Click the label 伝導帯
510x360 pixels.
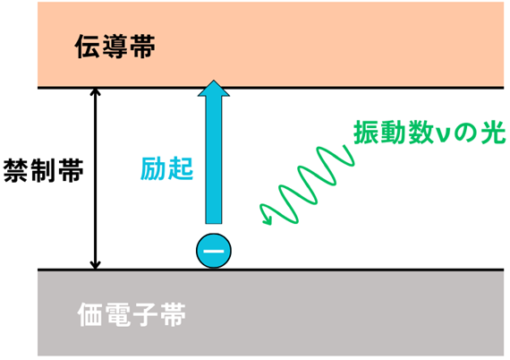[115, 47]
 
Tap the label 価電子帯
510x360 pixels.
[132, 314]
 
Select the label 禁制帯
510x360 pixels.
[43, 170]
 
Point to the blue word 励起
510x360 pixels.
[166, 168]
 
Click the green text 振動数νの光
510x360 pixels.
[429, 132]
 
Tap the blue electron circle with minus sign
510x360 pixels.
[214, 251]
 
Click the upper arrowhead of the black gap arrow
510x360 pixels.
[95, 91]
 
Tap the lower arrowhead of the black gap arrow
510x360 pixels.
[95, 266]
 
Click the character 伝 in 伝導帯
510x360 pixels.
[87, 47]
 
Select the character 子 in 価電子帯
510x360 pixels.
[145, 314]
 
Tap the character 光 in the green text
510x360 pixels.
[493, 132]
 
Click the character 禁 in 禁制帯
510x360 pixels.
[15, 170]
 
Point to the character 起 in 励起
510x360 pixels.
[181, 168]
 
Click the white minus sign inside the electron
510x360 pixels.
[214, 251]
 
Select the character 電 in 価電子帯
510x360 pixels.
[118, 314]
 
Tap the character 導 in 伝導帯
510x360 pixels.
[115, 47]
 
